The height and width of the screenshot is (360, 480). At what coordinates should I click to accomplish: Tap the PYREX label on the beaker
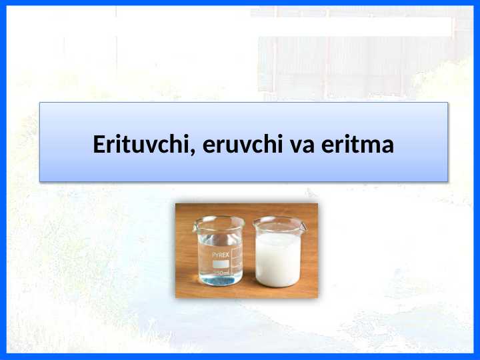221,255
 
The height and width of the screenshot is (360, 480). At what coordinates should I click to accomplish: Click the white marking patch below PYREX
221,264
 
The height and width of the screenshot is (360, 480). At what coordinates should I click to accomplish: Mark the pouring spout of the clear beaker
196,221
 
